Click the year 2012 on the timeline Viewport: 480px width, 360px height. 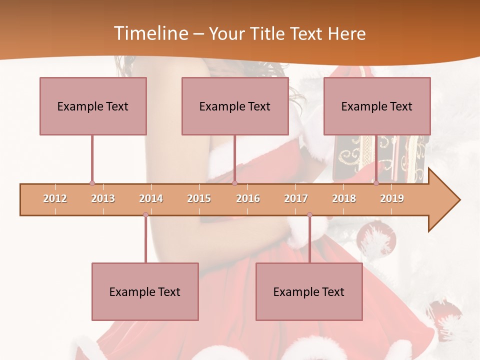coord(55,198)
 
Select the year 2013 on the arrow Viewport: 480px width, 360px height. coord(103,198)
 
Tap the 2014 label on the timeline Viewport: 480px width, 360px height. coord(151,198)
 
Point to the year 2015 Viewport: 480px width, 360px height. coord(199,198)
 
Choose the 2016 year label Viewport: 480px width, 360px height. coord(248,198)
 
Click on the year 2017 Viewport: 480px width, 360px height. coord(296,198)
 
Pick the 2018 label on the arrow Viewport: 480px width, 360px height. coord(344,198)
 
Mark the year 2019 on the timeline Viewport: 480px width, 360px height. coord(392,198)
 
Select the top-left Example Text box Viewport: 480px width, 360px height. coord(93,106)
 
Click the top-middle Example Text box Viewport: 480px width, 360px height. coord(235,106)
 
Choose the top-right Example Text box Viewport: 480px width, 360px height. coord(377,106)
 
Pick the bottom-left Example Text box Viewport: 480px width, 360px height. coord(145,291)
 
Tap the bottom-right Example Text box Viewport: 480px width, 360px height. coord(309,291)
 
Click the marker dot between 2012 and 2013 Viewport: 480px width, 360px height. coord(92,183)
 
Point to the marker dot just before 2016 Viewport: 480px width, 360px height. coord(234,183)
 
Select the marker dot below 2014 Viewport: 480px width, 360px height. coord(145,215)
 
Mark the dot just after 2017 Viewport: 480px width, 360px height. coord(309,215)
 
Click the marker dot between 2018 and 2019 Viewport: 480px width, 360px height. coord(376,183)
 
